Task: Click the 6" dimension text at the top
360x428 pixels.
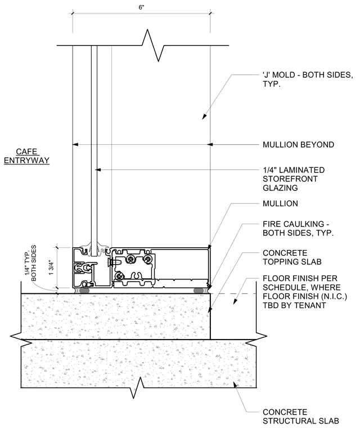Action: (x=141, y=7)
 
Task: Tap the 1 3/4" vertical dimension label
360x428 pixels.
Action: (x=51, y=267)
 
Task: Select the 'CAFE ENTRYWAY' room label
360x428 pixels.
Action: (x=27, y=156)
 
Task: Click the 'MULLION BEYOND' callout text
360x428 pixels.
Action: (x=298, y=144)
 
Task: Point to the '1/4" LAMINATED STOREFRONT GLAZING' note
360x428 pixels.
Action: (x=294, y=179)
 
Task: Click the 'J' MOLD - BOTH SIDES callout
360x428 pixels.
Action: (x=308, y=79)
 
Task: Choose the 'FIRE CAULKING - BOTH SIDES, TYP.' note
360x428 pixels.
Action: (x=298, y=229)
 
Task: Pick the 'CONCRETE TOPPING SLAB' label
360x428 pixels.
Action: (x=292, y=257)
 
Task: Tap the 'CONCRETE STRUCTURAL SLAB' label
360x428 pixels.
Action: (x=301, y=416)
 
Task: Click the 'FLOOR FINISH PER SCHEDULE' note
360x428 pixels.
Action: (x=305, y=292)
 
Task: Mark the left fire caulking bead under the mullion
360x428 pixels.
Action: (x=84, y=291)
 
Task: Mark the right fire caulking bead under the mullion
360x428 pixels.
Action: (x=199, y=291)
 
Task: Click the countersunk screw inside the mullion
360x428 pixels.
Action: (x=113, y=262)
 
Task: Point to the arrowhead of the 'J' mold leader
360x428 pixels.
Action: (x=204, y=116)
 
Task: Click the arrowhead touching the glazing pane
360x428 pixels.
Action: (x=98, y=170)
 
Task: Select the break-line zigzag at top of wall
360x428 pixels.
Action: (x=153, y=45)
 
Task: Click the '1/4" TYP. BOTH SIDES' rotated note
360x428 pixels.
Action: (x=30, y=262)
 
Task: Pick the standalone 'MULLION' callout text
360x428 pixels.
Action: (x=280, y=203)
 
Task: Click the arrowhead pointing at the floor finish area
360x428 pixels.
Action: (x=235, y=301)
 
